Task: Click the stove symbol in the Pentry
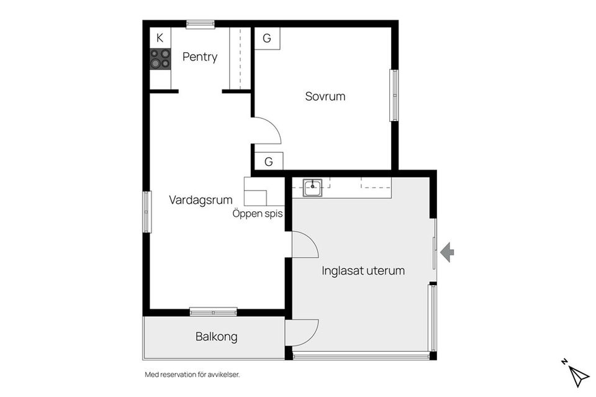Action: [160, 59]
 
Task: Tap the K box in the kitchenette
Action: [160, 37]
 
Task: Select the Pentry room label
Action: [200, 57]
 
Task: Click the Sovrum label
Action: [325, 96]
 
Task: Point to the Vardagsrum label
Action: [201, 200]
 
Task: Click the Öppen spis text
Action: [258, 214]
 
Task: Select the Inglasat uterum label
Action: [363, 271]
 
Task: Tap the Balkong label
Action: [217, 337]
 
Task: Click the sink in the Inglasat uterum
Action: [312, 187]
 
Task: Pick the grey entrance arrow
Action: [447, 252]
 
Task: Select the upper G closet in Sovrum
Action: [267, 39]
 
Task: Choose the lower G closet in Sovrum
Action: [268, 162]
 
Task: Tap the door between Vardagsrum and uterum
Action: [304, 244]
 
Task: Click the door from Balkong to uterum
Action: [302, 332]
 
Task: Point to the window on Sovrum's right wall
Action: [394, 95]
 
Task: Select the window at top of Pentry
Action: [201, 25]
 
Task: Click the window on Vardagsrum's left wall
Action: [147, 212]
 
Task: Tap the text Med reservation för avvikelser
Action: [192, 375]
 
